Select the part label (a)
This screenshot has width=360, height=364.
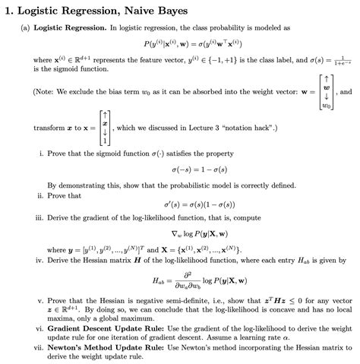tap(26, 27)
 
